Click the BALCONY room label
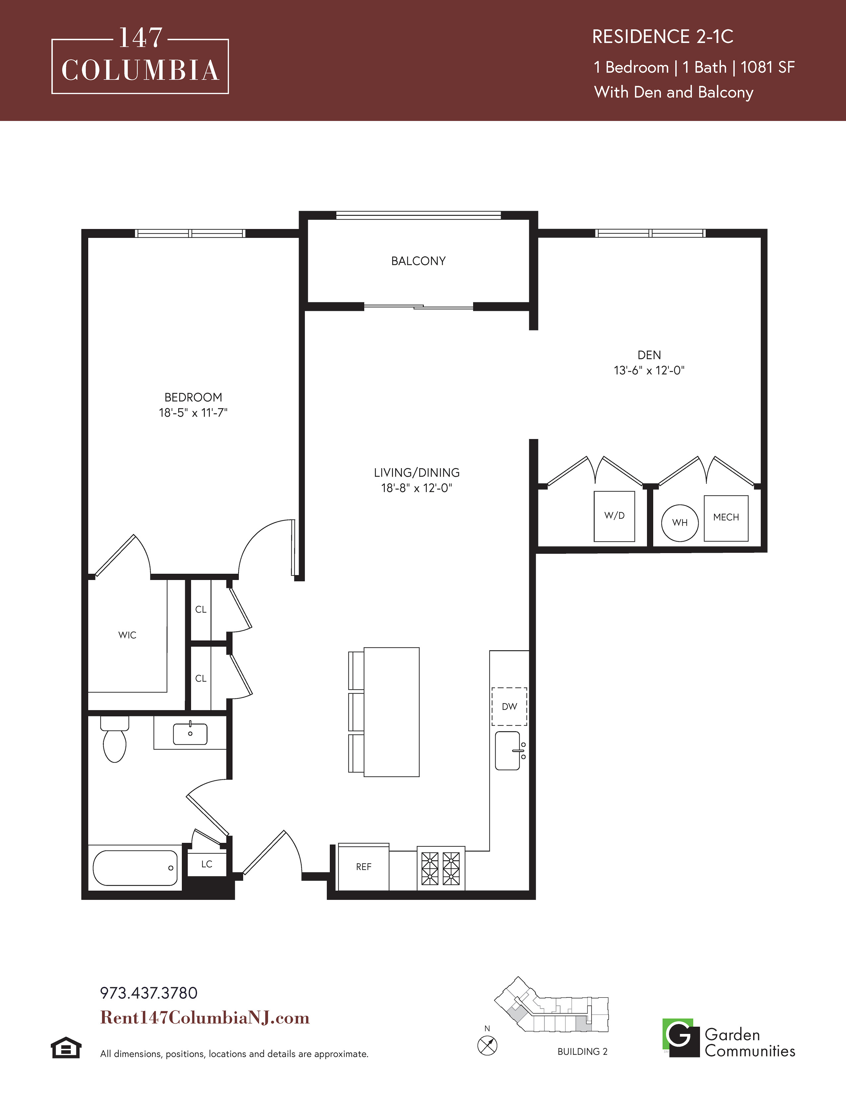(418, 261)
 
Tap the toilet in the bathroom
(115, 739)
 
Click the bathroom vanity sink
(190, 734)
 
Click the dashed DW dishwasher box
(509, 706)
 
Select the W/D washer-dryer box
(614, 516)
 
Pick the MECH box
(726, 518)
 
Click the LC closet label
(206, 864)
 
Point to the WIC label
(127, 635)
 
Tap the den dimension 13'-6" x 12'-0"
(649, 371)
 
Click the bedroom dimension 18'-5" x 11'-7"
(193, 413)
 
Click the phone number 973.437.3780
(149, 993)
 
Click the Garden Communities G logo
(680, 1037)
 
